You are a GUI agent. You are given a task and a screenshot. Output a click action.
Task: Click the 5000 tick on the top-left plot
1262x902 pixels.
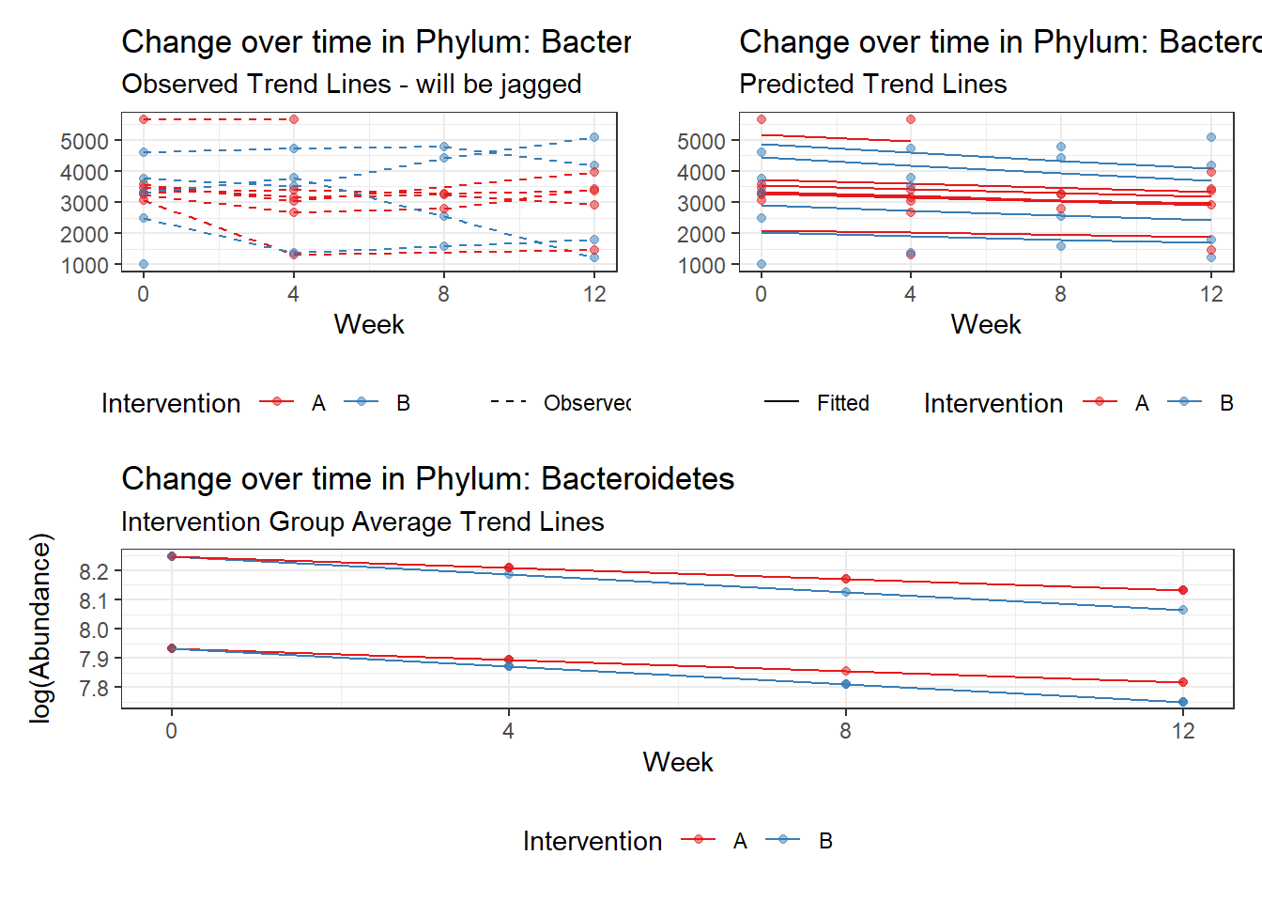[x=85, y=141]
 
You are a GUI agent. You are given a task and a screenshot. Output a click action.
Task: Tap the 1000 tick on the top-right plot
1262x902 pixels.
[x=701, y=266]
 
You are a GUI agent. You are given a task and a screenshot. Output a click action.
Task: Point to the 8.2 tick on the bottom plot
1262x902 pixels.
[x=94, y=571]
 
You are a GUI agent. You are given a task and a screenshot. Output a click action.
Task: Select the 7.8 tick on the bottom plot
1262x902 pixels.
[x=94, y=688]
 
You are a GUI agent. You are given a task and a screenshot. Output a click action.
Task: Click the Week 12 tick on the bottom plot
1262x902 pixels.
[x=1183, y=731]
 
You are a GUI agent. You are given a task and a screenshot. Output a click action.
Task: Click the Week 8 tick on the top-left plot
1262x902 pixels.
[x=443, y=294]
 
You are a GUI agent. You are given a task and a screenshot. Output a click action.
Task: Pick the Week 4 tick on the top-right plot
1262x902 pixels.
[x=910, y=294]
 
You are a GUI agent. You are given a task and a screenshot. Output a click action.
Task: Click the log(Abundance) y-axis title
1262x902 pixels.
[x=40, y=628]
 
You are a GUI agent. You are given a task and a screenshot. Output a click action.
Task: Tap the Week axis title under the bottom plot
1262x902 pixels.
[x=677, y=762]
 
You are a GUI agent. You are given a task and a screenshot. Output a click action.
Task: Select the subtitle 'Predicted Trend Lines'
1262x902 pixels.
[x=872, y=85]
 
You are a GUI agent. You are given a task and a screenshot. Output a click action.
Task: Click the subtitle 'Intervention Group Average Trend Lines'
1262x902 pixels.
[x=362, y=522]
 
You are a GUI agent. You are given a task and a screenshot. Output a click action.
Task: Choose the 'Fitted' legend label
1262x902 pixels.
[x=842, y=403]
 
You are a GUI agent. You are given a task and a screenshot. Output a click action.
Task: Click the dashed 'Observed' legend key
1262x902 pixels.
[x=508, y=402]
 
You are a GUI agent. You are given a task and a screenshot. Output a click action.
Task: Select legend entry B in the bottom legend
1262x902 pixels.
[x=824, y=841]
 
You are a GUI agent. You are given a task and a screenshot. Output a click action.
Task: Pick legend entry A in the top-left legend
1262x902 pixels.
[x=318, y=403]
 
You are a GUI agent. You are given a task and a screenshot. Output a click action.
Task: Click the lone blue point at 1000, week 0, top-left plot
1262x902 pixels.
[x=144, y=264]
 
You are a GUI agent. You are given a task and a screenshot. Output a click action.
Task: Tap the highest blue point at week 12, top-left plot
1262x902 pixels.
[x=593, y=137]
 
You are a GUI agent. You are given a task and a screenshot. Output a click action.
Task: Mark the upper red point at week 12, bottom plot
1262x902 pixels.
[x=1183, y=590]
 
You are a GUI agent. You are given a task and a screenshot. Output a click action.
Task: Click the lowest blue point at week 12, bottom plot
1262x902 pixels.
[x=1183, y=702]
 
